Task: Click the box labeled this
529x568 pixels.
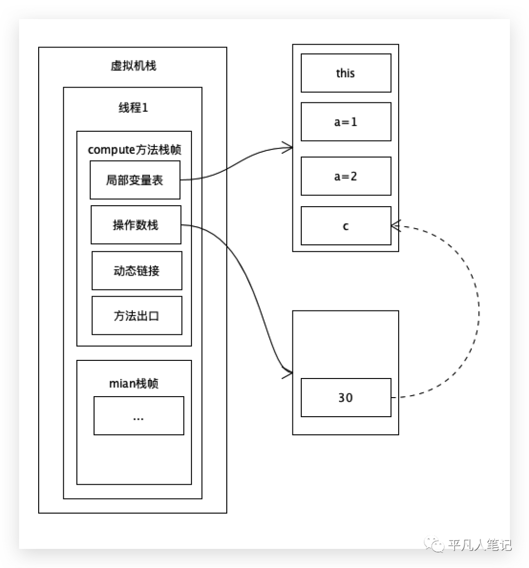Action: point(346,73)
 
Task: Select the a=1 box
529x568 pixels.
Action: point(346,121)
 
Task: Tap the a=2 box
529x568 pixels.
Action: point(346,176)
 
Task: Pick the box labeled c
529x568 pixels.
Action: point(346,226)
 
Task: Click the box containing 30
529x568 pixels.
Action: point(346,398)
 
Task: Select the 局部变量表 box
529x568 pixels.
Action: point(135,180)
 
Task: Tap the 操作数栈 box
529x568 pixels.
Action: point(136,225)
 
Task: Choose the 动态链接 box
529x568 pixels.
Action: point(137,271)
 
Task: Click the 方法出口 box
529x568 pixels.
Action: point(137,316)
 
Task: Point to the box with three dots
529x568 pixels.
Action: point(139,416)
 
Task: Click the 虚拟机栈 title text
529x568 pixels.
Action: point(133,66)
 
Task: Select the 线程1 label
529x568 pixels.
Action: point(133,108)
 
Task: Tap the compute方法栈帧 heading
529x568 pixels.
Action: point(135,150)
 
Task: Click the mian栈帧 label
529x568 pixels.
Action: point(134,383)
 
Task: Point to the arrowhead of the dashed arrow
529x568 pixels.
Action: point(394,226)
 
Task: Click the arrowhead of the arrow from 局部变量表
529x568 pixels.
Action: point(289,147)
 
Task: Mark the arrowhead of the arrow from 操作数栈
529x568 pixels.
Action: point(289,374)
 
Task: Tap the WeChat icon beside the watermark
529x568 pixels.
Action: point(434,544)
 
